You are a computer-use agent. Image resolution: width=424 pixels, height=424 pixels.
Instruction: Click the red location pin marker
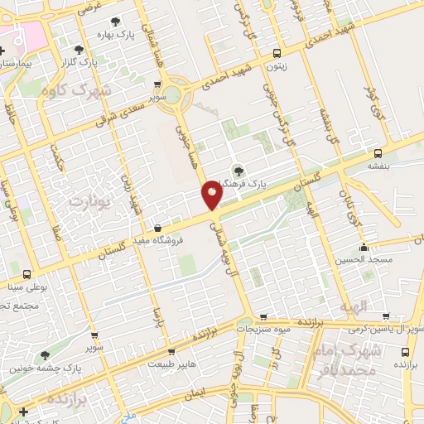[x=211, y=195]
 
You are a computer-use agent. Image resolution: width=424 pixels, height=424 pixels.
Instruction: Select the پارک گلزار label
[x=105, y=62]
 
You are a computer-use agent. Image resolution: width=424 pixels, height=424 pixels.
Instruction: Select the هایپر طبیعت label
[x=171, y=364]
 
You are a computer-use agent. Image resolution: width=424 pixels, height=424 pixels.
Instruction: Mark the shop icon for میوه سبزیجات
[x=263, y=316]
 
